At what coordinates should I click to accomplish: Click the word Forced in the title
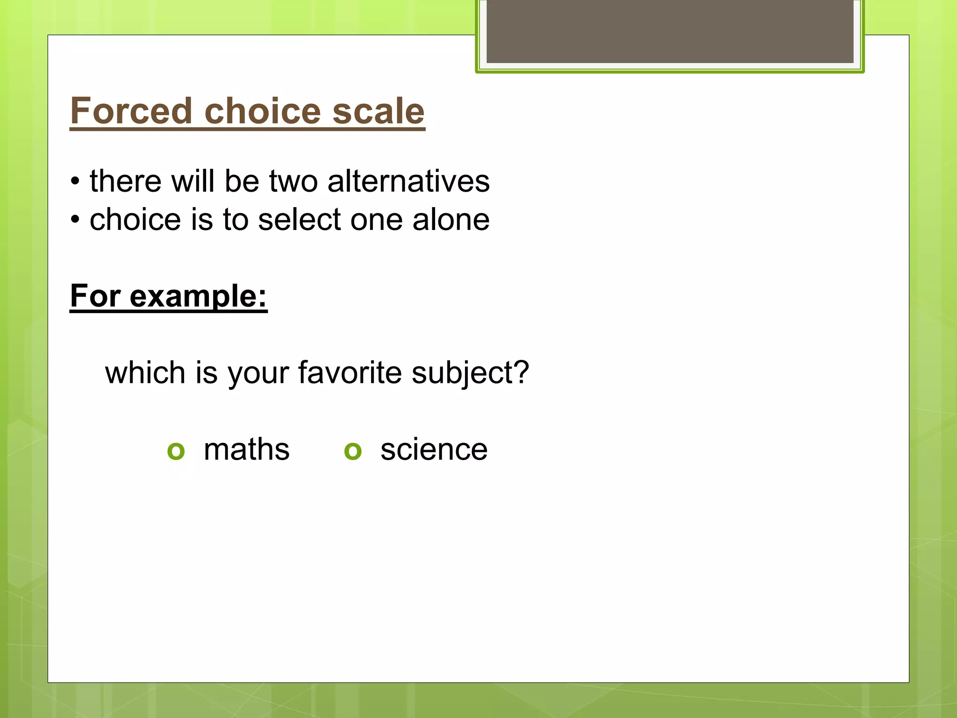tap(131, 111)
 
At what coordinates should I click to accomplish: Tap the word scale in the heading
tap(378, 111)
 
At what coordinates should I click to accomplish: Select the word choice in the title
tap(262, 111)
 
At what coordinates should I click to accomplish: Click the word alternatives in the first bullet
tap(408, 181)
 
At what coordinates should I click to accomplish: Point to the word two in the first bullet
tap(293, 181)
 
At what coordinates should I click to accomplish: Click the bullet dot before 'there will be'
tap(75, 181)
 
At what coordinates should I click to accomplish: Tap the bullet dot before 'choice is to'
tap(75, 220)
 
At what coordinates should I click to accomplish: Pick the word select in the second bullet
tap(300, 220)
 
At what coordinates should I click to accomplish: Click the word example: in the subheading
tap(199, 296)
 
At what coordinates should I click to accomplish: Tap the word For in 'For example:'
tap(96, 296)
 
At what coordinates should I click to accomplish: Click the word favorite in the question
tap(350, 373)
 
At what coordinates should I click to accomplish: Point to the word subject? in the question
tap(470, 373)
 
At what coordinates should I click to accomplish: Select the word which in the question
tap(145, 373)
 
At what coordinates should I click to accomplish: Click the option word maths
tap(247, 450)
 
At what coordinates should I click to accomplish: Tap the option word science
tap(434, 450)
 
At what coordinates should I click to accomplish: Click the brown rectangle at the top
tap(670, 31)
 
